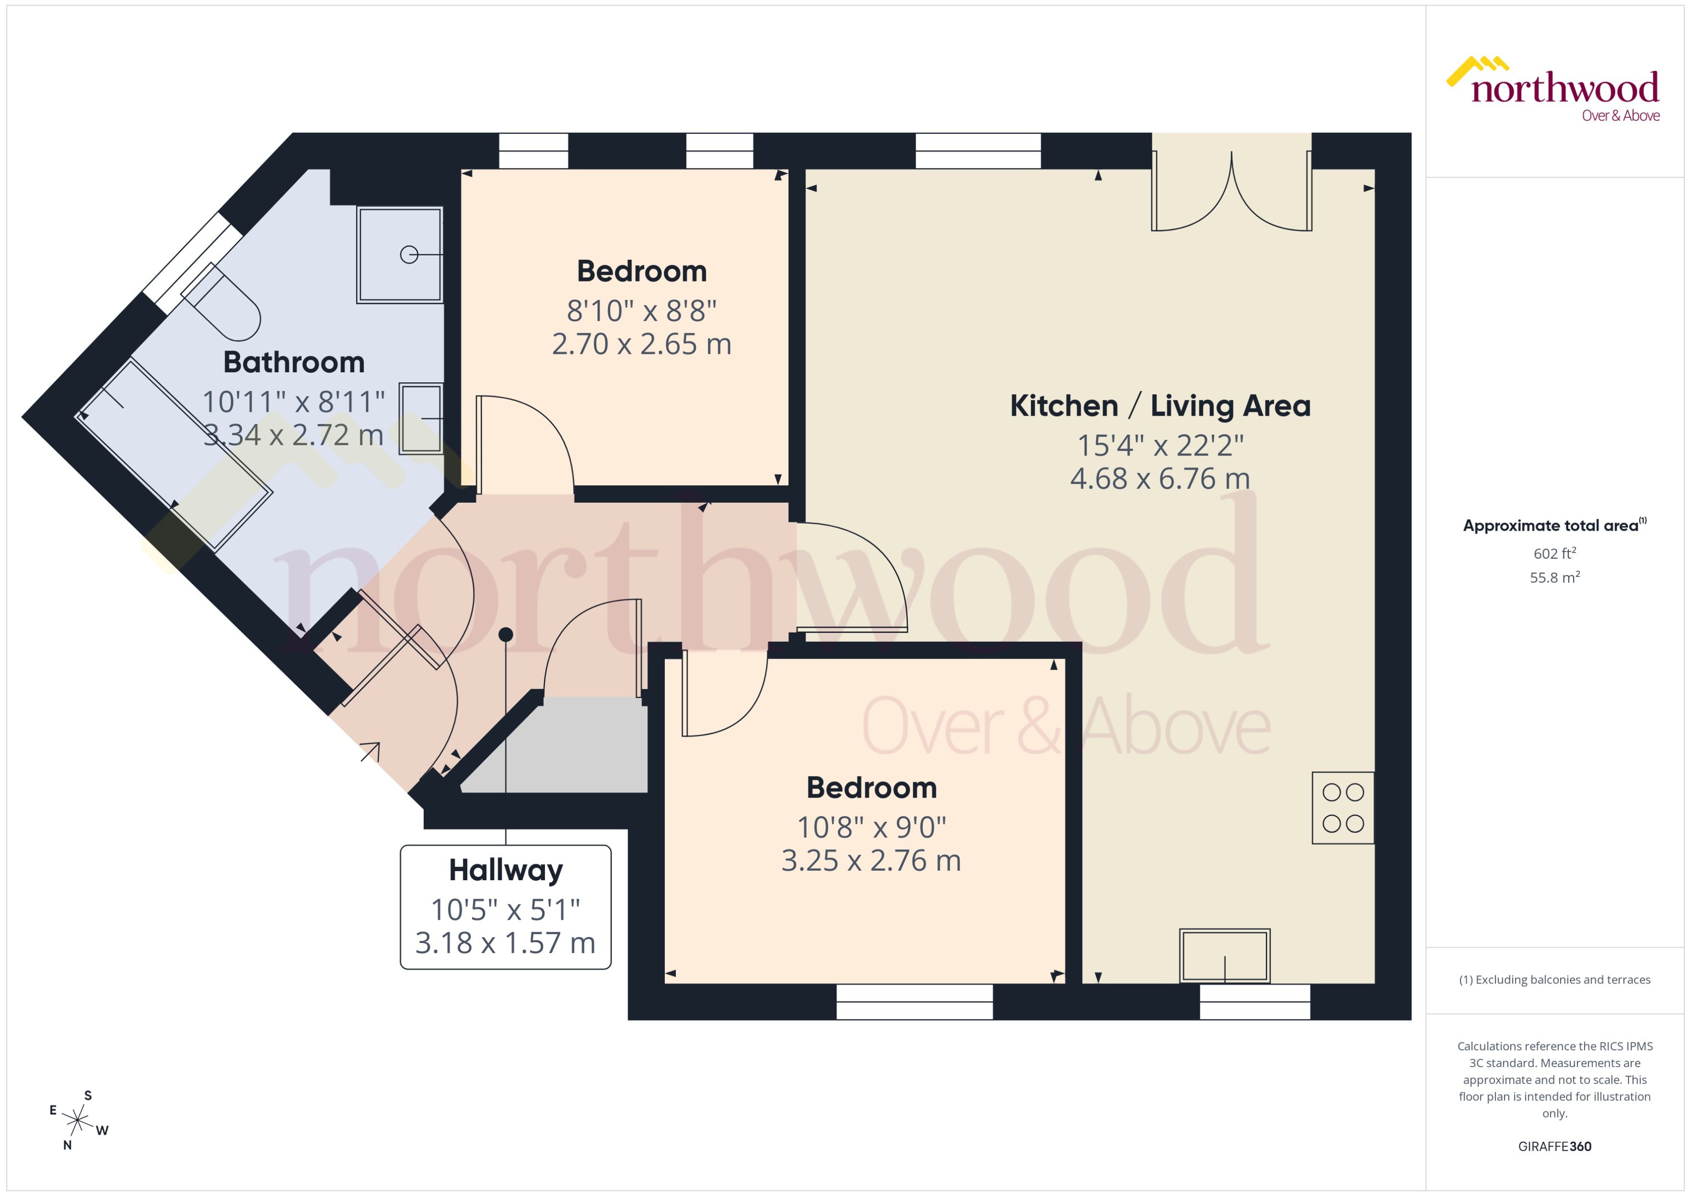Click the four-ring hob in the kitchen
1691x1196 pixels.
(1343, 808)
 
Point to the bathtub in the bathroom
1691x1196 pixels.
(174, 454)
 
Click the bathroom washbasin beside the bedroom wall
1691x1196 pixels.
(421, 418)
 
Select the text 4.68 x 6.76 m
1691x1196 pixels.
(1160, 478)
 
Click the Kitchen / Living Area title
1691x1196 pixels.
(1160, 406)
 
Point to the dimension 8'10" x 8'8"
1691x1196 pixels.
(641, 311)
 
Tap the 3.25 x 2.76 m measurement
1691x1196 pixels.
(871, 860)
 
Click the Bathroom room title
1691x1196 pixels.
(294, 362)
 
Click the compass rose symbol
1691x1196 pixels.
(77, 1121)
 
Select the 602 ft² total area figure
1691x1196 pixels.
(1555, 553)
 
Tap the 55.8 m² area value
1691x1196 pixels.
(1555, 577)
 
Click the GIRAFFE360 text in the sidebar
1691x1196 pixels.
(1555, 1147)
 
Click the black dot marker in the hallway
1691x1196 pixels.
(505, 634)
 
